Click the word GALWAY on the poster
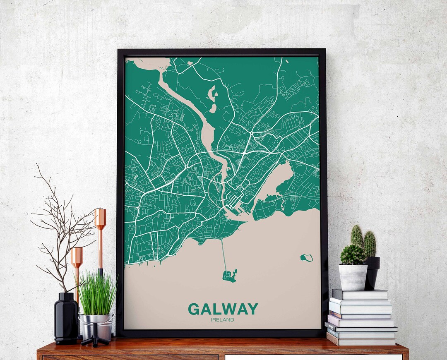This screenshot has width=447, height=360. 223,309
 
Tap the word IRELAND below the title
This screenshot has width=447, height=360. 222,319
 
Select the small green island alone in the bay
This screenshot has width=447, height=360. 307,258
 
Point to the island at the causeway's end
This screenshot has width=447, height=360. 230,275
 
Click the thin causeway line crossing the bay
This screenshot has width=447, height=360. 224,254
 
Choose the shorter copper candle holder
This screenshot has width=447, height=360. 77,265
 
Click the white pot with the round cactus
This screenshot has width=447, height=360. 353,277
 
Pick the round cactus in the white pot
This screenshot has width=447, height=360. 353,254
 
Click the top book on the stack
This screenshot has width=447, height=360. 360,294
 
